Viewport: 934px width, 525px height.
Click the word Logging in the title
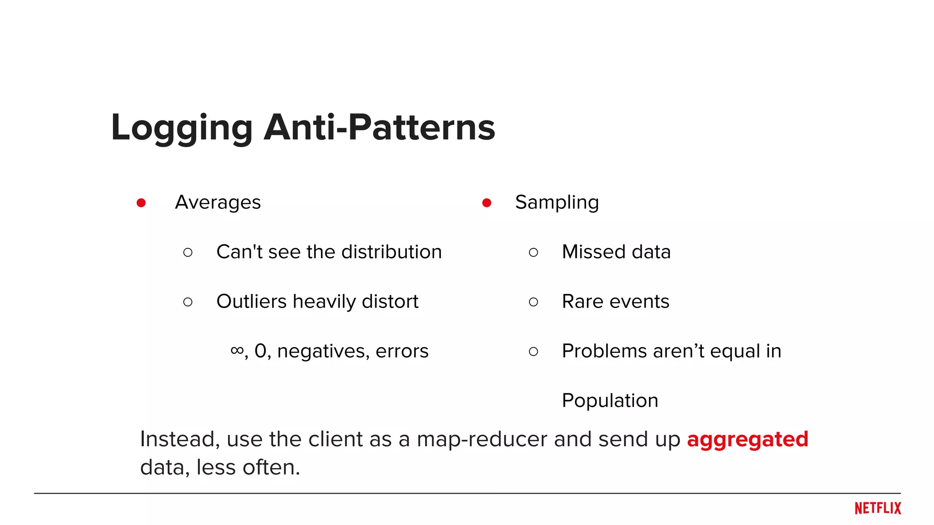(182, 128)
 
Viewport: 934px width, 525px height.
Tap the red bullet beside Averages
(141, 203)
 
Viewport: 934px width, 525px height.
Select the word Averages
(218, 202)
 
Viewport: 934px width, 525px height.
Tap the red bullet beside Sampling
(487, 203)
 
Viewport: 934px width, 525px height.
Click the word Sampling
(557, 202)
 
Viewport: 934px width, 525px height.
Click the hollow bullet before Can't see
(188, 252)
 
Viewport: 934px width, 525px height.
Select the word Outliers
(251, 302)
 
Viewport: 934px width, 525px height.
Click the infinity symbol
(237, 350)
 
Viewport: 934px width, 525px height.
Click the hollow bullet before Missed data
(534, 252)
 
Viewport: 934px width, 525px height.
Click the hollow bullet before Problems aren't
(534, 351)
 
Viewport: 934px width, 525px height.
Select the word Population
(610, 401)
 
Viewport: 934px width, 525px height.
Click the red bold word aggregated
(747, 440)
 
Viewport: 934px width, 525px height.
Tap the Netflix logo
(877, 508)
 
